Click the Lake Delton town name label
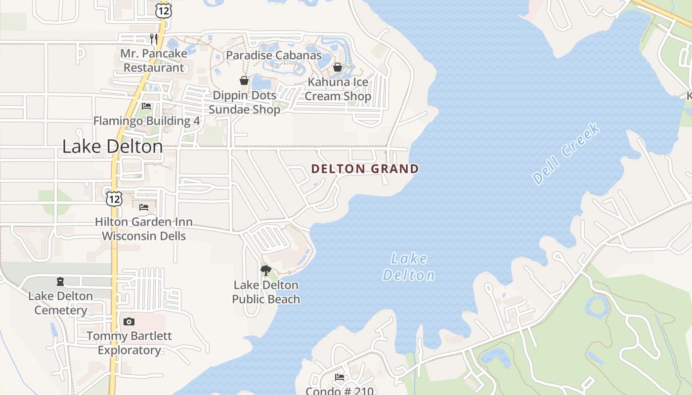tap(112, 147)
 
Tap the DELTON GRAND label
tap(365, 169)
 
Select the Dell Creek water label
tap(566, 154)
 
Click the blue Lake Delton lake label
tap(409, 267)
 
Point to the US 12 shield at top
tap(163, 10)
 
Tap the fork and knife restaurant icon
tap(154, 39)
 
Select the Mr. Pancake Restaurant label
tap(154, 60)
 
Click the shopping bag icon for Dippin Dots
tap(244, 80)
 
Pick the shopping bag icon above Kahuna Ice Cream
tap(338, 67)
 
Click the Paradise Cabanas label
tap(274, 55)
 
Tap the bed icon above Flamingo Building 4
tap(146, 106)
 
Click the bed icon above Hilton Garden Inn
tap(144, 207)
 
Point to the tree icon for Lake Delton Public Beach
tap(266, 270)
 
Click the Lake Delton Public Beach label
tap(266, 292)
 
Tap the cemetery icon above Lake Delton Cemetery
tap(60, 281)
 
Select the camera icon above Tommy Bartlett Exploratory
tap(129, 321)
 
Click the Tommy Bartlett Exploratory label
tap(129, 343)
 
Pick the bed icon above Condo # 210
tap(340, 377)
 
